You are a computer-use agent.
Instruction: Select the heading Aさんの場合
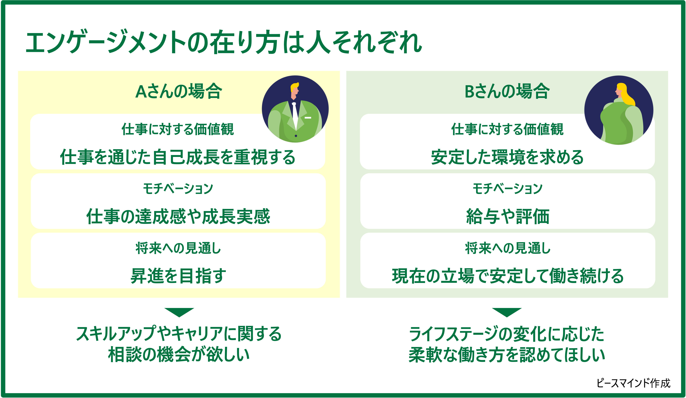(x=179, y=91)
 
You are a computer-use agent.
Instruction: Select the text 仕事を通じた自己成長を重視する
(x=178, y=157)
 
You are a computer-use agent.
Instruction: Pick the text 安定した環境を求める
(x=507, y=157)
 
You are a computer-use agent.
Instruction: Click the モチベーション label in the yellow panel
(x=178, y=189)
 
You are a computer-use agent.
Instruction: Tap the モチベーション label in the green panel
(x=507, y=189)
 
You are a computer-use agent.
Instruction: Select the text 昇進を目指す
(x=178, y=276)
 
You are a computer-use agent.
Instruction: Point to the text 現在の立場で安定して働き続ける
(x=508, y=276)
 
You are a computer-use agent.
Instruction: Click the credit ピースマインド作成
(x=633, y=383)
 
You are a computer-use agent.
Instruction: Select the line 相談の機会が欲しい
(x=179, y=355)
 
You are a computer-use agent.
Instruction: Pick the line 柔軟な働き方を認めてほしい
(x=507, y=355)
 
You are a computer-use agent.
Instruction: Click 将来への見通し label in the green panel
(x=508, y=248)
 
